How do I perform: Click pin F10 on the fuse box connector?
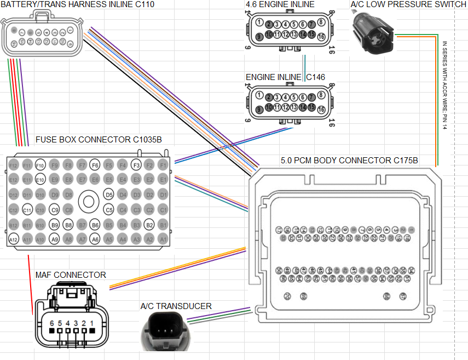[x=40, y=164]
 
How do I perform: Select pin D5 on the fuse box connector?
[x=108, y=195]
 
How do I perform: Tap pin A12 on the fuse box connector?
[x=13, y=239]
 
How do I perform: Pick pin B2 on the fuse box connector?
[x=149, y=224]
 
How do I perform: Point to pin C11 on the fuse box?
[x=27, y=209]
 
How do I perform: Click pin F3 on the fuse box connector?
[x=136, y=164]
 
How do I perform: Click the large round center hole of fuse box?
[x=88, y=202]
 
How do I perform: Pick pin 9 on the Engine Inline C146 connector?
[x=259, y=110]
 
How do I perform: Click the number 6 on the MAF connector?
[x=52, y=323]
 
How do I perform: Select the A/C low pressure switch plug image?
[x=371, y=33]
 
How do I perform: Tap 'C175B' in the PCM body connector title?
[x=402, y=161]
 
